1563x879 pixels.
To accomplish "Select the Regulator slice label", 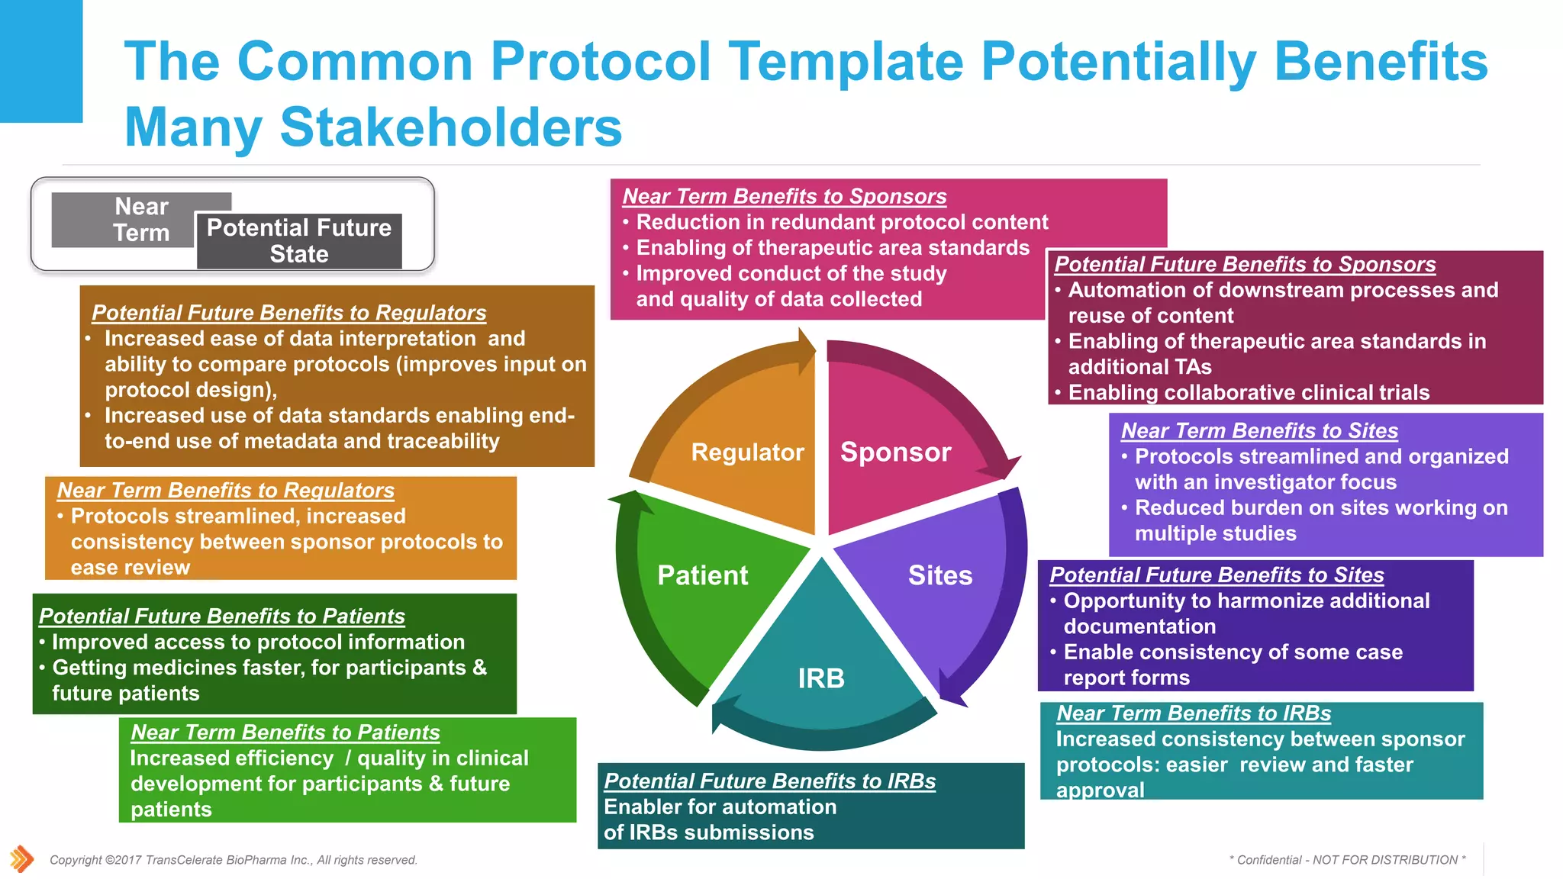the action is pos(747,452).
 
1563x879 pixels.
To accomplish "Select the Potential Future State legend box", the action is pos(299,241).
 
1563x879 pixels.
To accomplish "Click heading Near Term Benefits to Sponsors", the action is pos(784,196).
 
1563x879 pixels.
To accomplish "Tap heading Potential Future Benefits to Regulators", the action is pos(288,313).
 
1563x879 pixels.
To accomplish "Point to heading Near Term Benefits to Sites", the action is pos(1259,431).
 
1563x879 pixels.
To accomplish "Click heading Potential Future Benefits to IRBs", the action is pos(769,781).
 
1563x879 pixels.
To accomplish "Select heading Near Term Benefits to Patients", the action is pos(285,732).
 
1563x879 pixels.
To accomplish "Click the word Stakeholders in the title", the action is pos(450,127).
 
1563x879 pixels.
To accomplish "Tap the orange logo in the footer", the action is pos(21,859).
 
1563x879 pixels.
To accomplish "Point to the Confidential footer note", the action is pos(1347,860).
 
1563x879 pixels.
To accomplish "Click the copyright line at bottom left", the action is pos(233,860).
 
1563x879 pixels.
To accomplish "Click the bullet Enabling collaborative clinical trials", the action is pos(1248,393).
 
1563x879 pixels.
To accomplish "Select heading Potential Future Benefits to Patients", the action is pos(221,617).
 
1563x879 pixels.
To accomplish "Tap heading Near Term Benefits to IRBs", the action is pos(1193,713).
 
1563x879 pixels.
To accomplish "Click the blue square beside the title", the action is pos(41,61).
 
